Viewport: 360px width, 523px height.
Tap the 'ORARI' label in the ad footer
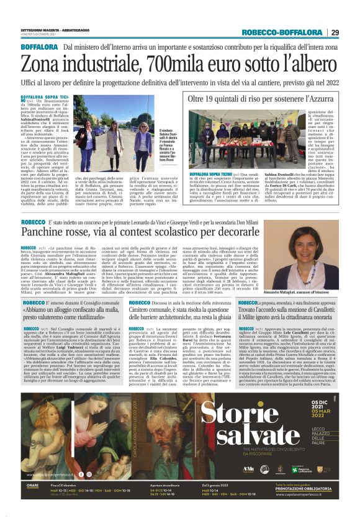34,486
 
